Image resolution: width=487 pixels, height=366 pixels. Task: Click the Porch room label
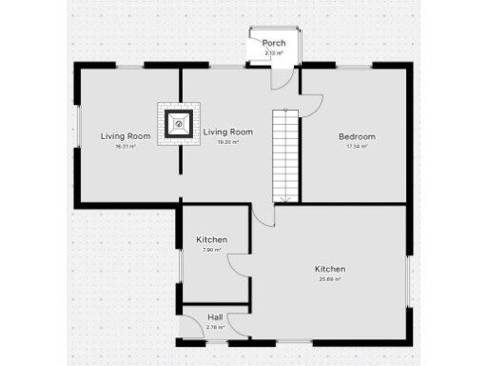(x=274, y=44)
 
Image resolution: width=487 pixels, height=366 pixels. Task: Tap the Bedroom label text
(x=357, y=136)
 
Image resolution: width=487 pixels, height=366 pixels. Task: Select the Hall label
(x=214, y=317)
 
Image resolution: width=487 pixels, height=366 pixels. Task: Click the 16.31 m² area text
(x=126, y=147)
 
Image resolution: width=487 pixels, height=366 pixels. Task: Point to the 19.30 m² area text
(x=228, y=142)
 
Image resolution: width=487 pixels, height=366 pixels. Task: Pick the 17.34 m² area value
(x=357, y=147)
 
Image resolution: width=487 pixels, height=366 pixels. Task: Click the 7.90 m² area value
(x=211, y=250)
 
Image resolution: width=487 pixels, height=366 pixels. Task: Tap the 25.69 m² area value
(x=330, y=279)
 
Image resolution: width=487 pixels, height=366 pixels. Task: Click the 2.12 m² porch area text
(x=274, y=53)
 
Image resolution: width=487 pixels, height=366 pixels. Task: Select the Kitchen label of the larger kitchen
(x=330, y=269)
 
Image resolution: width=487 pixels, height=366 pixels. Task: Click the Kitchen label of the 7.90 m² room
(x=211, y=239)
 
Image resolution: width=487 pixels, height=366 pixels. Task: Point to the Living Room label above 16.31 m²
(x=126, y=136)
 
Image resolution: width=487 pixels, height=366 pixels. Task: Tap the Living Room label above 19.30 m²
(x=228, y=132)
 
